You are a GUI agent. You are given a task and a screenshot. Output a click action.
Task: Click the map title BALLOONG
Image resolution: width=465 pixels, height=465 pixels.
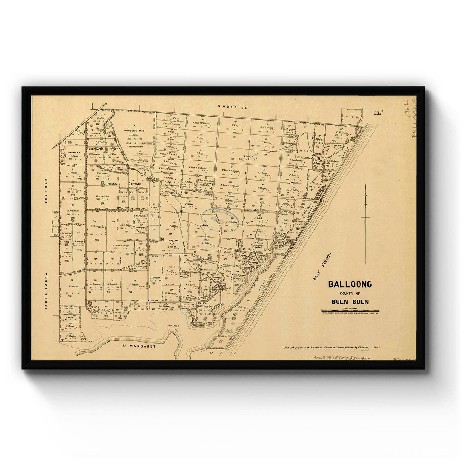click(x=350, y=284)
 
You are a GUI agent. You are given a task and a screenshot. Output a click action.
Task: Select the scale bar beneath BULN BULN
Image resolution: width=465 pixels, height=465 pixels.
click(x=351, y=310)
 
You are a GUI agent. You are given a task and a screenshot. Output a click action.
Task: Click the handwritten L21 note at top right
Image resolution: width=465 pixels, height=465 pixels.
click(x=379, y=113)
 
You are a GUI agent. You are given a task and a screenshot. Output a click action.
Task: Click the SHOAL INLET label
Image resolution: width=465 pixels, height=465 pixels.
click(x=169, y=327)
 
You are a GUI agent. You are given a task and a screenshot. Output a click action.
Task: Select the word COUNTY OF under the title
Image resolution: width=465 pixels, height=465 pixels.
click(x=350, y=293)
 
